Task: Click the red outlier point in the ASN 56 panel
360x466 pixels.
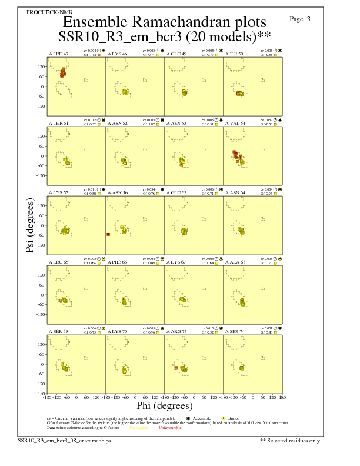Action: tap(108, 234)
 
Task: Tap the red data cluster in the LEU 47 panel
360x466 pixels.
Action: tap(62, 72)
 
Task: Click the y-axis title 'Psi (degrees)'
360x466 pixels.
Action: tap(29, 226)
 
